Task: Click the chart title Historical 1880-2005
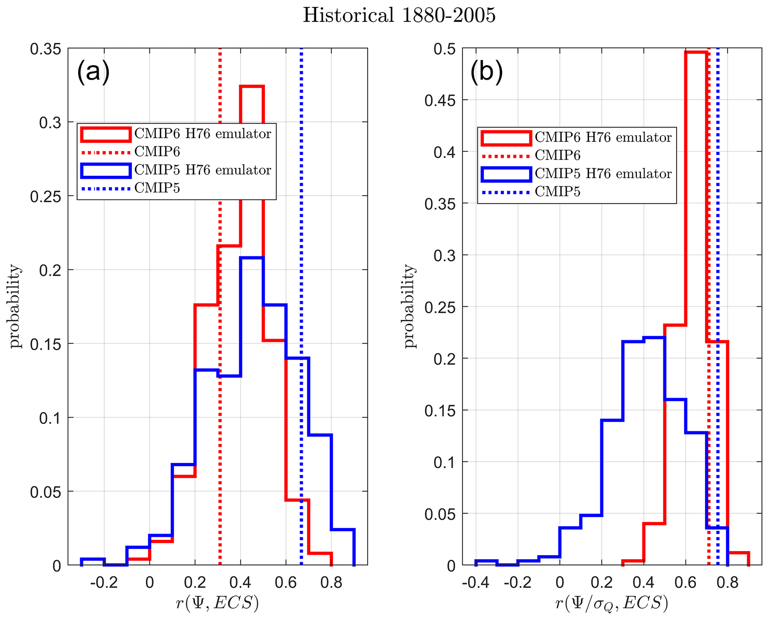click(x=399, y=16)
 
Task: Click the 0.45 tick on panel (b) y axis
click(x=440, y=101)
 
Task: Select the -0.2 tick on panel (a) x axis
click(x=104, y=582)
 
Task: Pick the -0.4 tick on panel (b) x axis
click(x=475, y=582)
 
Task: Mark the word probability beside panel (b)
click(x=409, y=306)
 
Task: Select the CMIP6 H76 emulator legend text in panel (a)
click(x=203, y=134)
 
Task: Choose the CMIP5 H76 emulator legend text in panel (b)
click(x=603, y=174)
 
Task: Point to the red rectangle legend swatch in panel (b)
click(x=506, y=138)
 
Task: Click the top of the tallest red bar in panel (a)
click(x=252, y=86)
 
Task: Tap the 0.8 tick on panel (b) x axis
click(x=727, y=582)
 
